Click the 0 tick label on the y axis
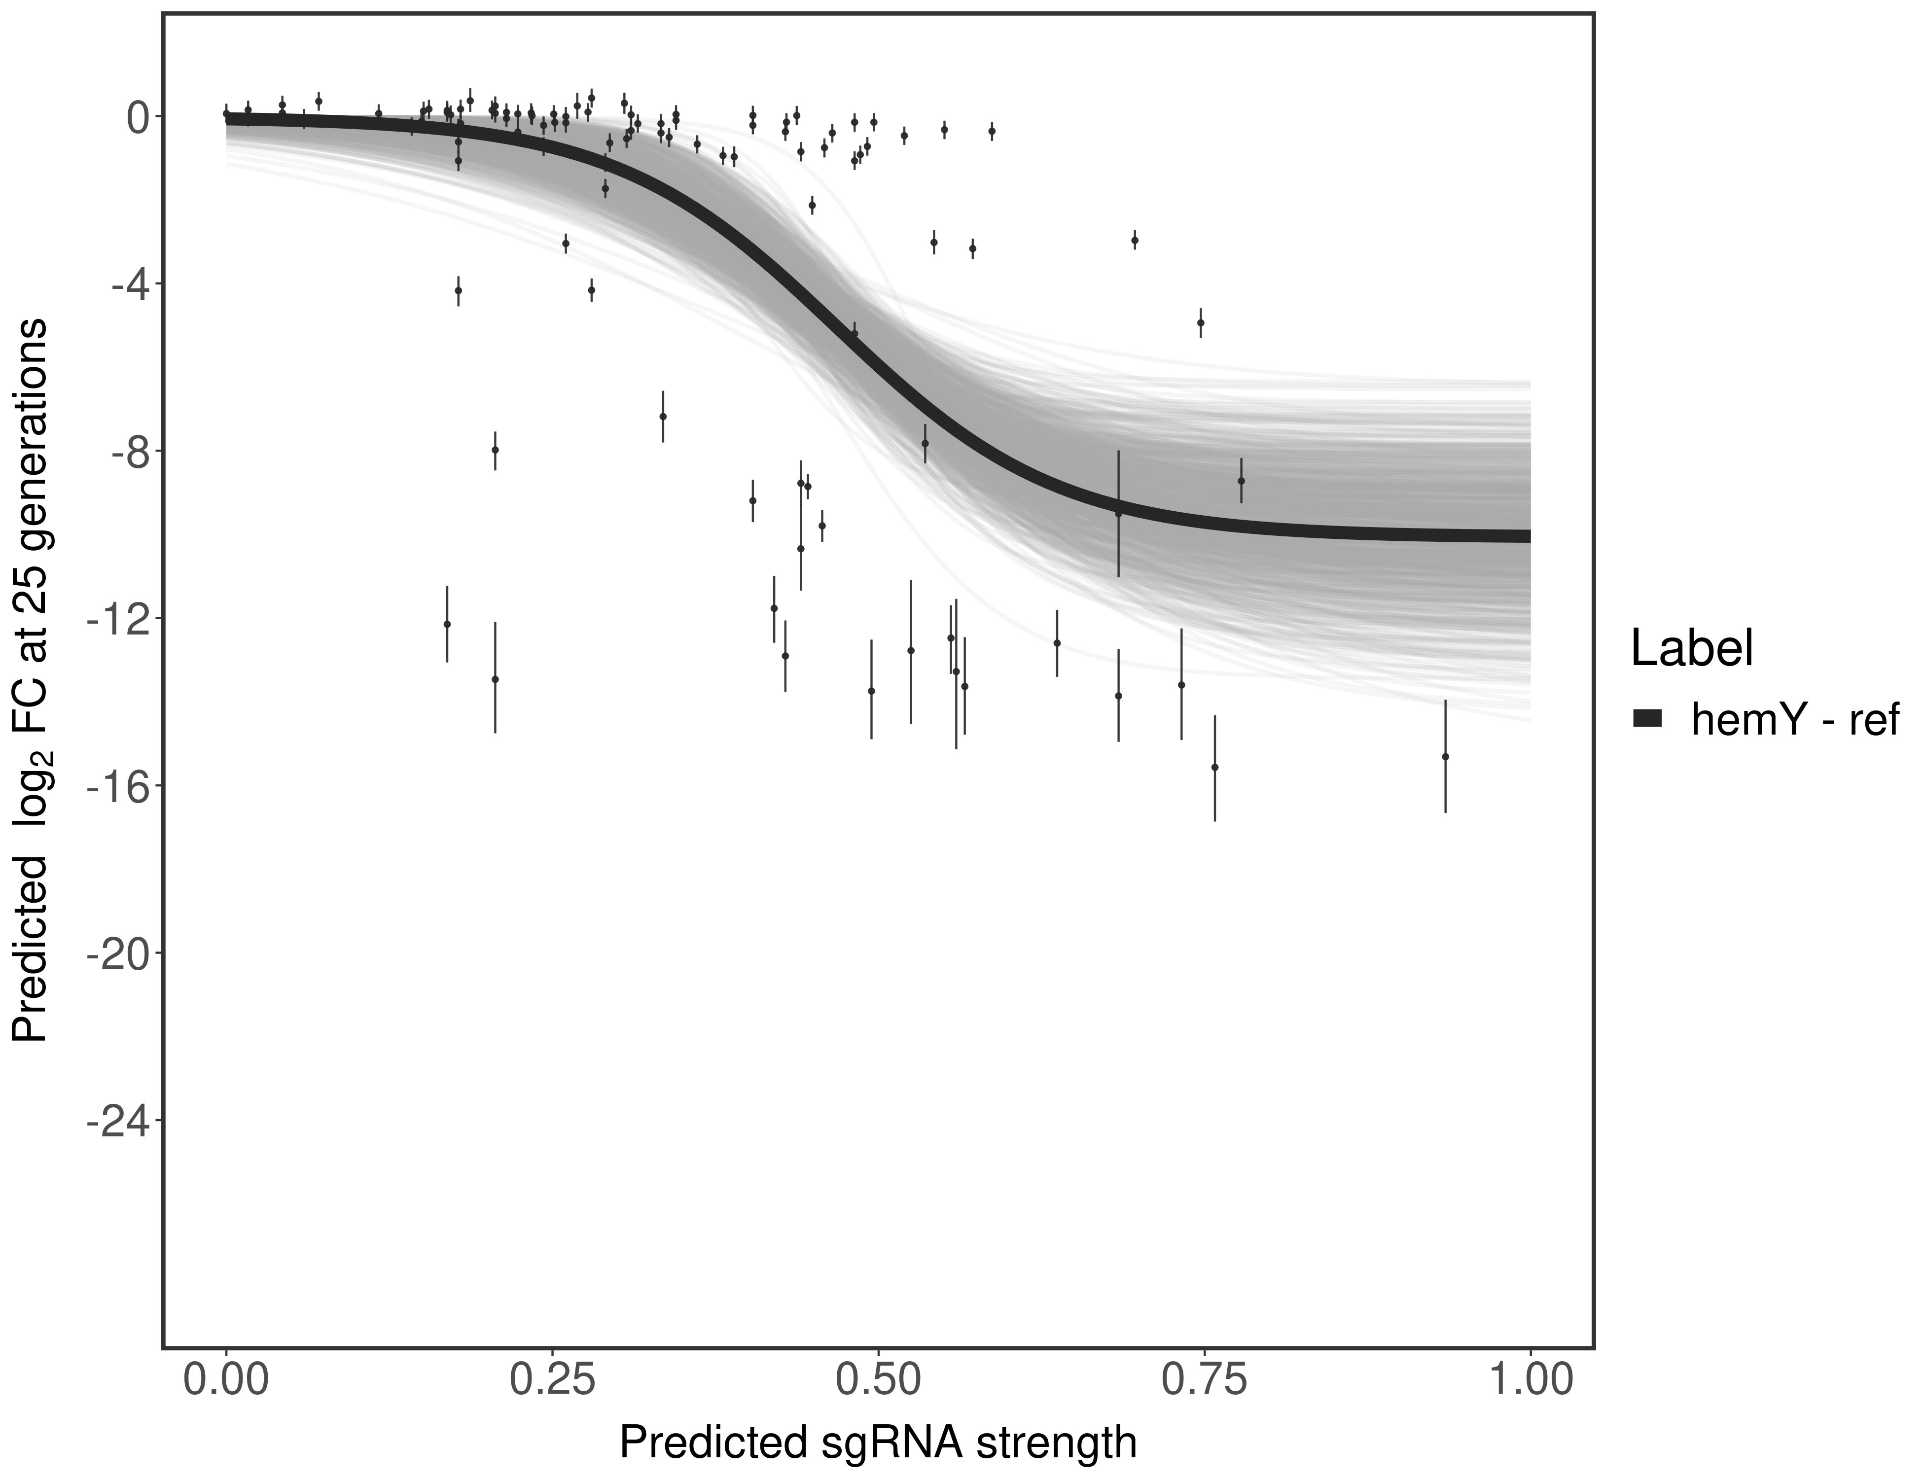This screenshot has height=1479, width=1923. pyautogui.click(x=138, y=117)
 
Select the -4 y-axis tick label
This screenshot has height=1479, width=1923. pyautogui.click(x=129, y=284)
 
